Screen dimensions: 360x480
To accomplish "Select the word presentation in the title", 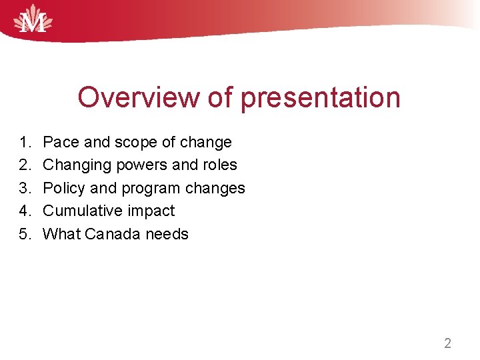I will point(321,97).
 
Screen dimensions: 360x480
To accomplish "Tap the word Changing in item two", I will point(76,165).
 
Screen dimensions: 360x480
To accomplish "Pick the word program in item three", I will point(149,188).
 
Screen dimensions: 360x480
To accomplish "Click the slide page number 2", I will point(447,344).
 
